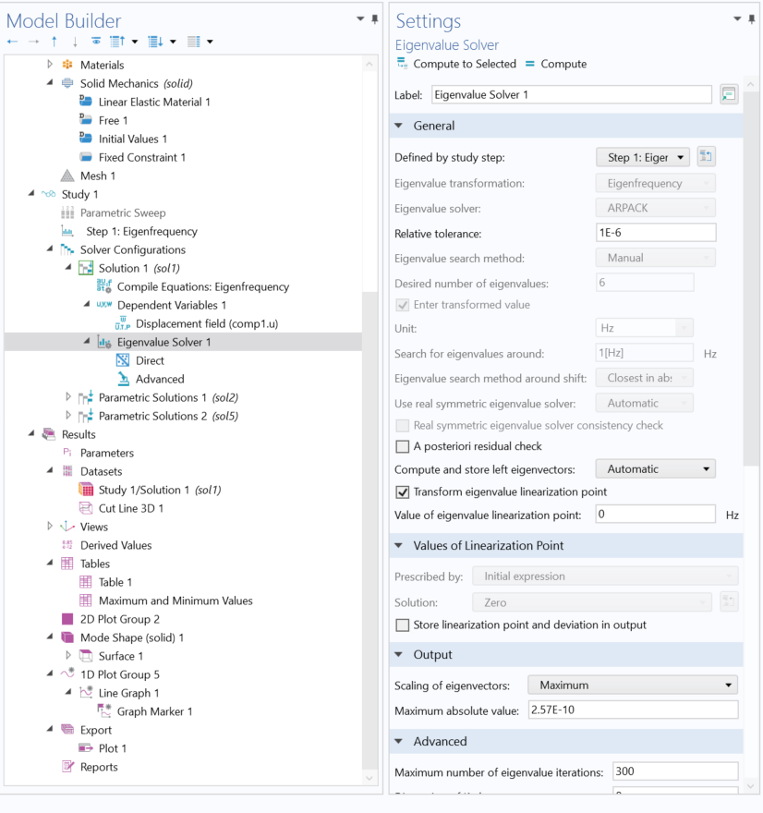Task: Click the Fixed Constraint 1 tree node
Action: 141,157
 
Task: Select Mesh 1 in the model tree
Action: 97,176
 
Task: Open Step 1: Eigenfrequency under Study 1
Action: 141,231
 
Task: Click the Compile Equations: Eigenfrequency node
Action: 202,286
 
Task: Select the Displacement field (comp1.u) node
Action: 206,323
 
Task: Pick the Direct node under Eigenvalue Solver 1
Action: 149,360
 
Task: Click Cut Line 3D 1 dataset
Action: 130,508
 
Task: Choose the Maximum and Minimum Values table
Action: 175,601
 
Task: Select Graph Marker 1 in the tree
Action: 154,711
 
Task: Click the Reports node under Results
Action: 98,767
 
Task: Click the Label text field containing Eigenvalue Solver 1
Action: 572,94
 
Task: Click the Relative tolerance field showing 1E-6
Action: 656,234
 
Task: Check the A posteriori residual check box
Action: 402,447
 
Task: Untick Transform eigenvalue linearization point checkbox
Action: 402,491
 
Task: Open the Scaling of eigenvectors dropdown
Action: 632,686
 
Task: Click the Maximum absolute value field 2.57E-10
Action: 632,710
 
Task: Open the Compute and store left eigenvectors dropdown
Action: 655,469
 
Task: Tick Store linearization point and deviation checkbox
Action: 402,625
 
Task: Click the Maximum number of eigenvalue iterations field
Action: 674,771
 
